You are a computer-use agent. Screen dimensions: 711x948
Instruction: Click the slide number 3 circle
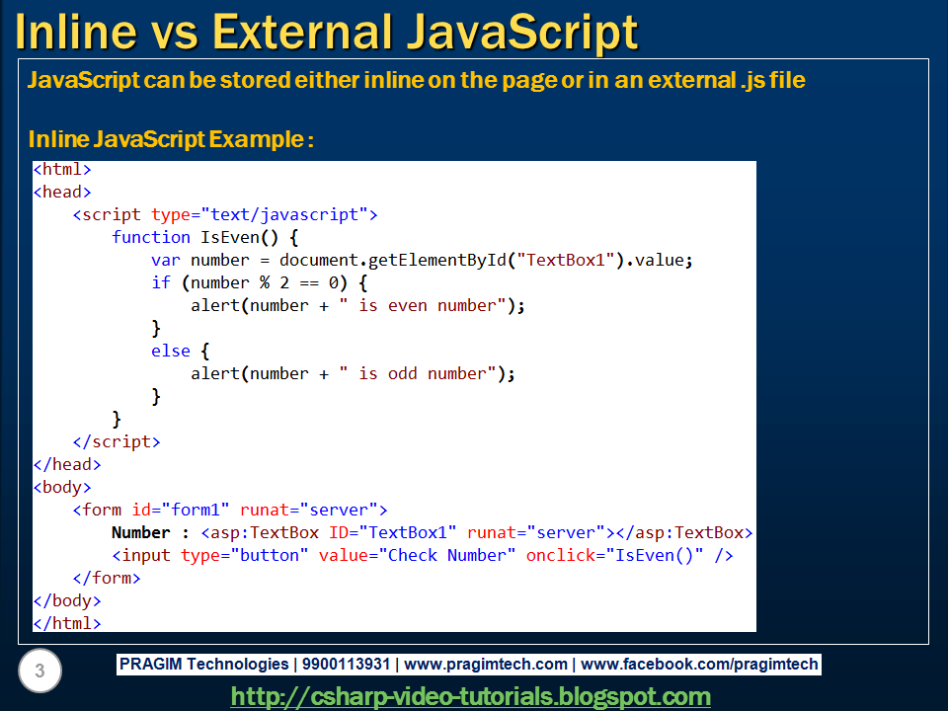(39, 671)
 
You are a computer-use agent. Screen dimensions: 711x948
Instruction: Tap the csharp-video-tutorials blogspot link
(470, 696)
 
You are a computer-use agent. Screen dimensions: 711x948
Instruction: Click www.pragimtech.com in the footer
(486, 665)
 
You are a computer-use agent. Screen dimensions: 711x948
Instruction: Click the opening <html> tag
(62, 170)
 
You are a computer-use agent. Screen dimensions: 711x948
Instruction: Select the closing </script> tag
(116, 441)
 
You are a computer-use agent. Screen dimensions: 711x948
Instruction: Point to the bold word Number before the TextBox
(141, 532)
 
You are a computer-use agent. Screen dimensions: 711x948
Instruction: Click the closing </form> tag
(107, 578)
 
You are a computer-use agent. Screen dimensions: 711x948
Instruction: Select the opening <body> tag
(62, 487)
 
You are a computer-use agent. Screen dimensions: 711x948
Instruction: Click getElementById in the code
(443, 260)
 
